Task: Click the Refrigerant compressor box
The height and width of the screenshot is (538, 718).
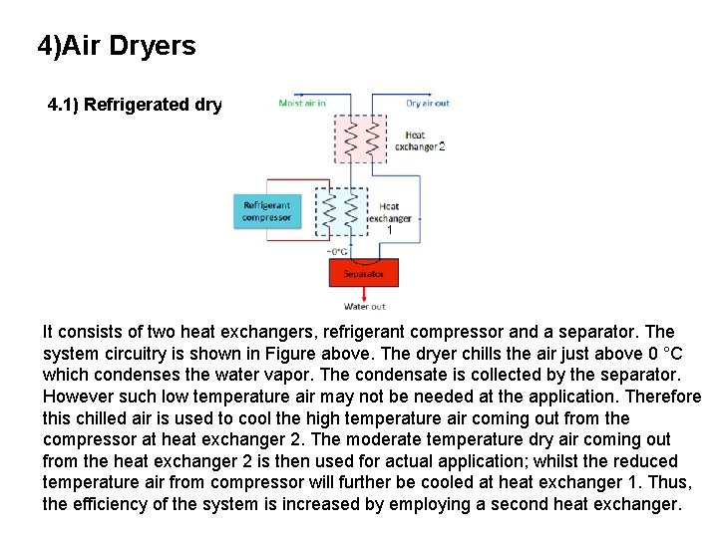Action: coord(266,212)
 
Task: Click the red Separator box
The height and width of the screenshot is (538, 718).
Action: coord(363,273)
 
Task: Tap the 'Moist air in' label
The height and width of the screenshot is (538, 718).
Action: coord(302,103)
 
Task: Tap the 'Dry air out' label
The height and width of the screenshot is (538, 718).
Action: coord(427,103)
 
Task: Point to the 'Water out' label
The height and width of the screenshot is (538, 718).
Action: coord(364,306)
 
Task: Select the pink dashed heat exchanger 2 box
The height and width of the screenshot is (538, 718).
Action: coord(361,138)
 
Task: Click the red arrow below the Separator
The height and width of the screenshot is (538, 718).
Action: coord(363,293)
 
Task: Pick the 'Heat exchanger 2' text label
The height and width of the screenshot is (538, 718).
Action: coord(418,140)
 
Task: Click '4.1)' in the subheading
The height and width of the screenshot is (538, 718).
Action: coord(64,105)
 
